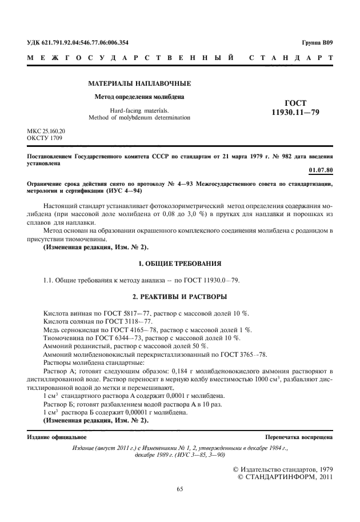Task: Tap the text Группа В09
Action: [317, 42]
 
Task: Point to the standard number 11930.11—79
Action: [295, 113]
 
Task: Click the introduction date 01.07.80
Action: [321, 170]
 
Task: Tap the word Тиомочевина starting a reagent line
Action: [63, 338]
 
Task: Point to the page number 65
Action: [180, 489]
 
